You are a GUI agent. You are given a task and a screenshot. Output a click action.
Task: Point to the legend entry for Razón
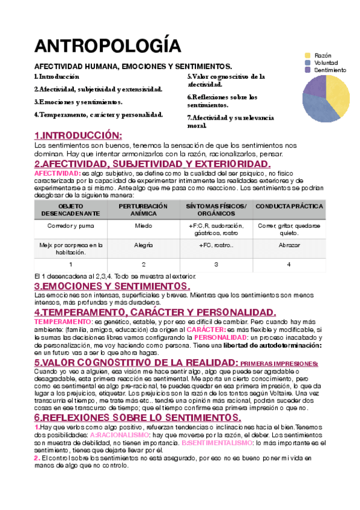pos(323,55)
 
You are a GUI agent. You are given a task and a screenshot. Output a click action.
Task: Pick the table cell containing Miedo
pos(144,226)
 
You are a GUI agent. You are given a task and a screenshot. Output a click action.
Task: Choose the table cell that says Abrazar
pos(289,245)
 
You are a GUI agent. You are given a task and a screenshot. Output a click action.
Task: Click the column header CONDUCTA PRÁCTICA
pos(289,206)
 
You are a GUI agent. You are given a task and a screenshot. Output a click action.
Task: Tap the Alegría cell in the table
pos(144,245)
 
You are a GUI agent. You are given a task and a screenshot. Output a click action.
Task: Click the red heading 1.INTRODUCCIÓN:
pos(78,135)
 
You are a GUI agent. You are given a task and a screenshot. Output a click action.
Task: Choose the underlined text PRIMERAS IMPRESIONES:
pos(279,364)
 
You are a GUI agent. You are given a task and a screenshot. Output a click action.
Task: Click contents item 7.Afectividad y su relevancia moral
pos(230,121)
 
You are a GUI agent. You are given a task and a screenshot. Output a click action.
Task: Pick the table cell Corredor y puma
pos(71,226)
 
